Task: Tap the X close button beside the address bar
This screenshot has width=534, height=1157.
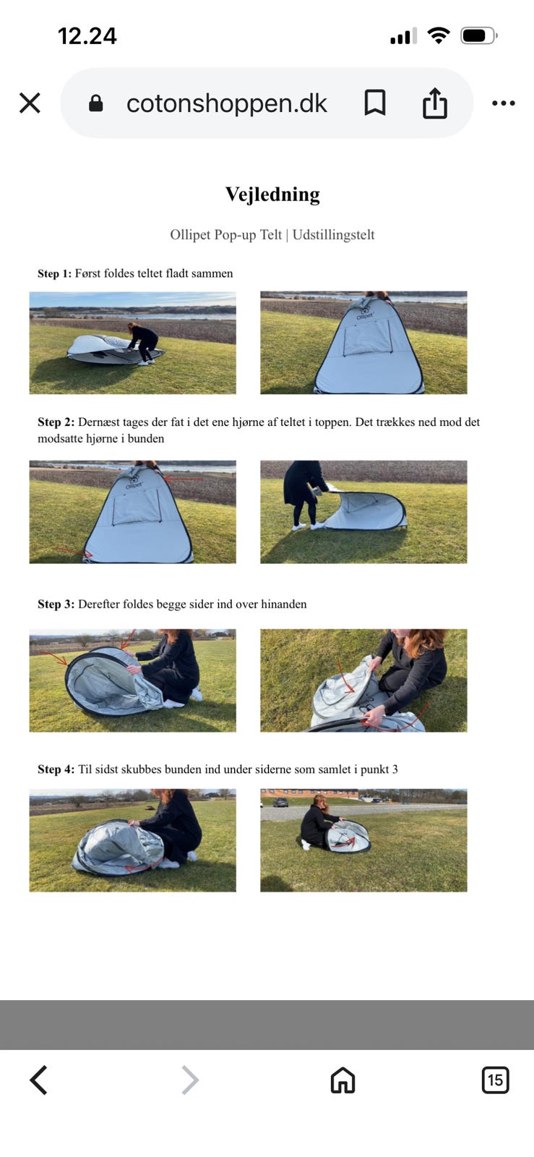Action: tap(30, 103)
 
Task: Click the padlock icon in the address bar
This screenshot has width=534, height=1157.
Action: tap(96, 103)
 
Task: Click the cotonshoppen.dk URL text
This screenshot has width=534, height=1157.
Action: tap(226, 103)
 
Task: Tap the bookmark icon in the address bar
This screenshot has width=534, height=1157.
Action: tap(375, 102)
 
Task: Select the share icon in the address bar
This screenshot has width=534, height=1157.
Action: tap(435, 103)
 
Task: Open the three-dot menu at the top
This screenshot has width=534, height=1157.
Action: tap(504, 103)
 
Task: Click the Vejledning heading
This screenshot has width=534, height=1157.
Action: tap(272, 195)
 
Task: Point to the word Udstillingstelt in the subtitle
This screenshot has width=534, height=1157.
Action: tap(333, 234)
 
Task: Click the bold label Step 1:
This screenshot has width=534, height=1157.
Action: tap(54, 273)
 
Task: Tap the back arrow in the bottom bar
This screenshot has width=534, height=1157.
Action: tap(39, 1080)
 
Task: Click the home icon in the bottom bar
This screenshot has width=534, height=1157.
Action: tap(343, 1080)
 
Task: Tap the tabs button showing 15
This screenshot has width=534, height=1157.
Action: tap(495, 1080)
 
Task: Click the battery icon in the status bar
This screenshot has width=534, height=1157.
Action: tap(479, 35)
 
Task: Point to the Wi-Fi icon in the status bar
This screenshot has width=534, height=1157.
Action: tap(439, 35)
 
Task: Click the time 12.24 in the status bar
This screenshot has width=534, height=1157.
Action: tap(87, 36)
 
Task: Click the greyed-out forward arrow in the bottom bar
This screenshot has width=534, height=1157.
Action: tap(190, 1080)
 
